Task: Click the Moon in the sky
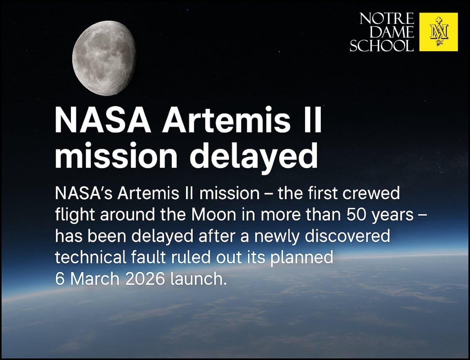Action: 104,59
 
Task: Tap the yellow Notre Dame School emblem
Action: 438,32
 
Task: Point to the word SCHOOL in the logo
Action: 381,45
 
